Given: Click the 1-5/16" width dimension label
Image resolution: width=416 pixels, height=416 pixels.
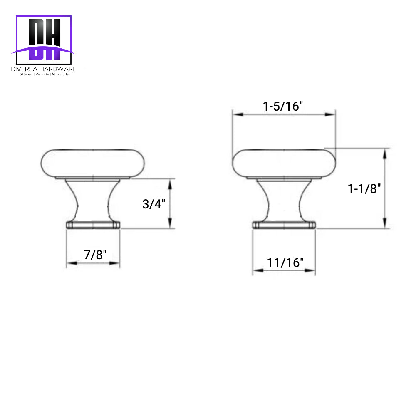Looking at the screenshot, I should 283,106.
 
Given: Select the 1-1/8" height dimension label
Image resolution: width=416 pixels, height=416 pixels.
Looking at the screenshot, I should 364,189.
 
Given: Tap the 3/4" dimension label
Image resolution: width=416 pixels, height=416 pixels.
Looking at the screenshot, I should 154,204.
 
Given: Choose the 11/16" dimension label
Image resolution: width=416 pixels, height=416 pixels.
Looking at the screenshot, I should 285,262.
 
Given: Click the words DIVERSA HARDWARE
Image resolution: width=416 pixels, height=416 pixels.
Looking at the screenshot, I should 44,69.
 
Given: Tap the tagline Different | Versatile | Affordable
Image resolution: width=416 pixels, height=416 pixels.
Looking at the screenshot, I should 44,74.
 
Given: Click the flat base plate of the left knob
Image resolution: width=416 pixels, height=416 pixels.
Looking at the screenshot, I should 93,225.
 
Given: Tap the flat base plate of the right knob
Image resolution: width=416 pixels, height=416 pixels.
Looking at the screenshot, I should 284,225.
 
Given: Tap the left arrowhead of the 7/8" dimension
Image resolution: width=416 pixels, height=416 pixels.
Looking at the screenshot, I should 71,263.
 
